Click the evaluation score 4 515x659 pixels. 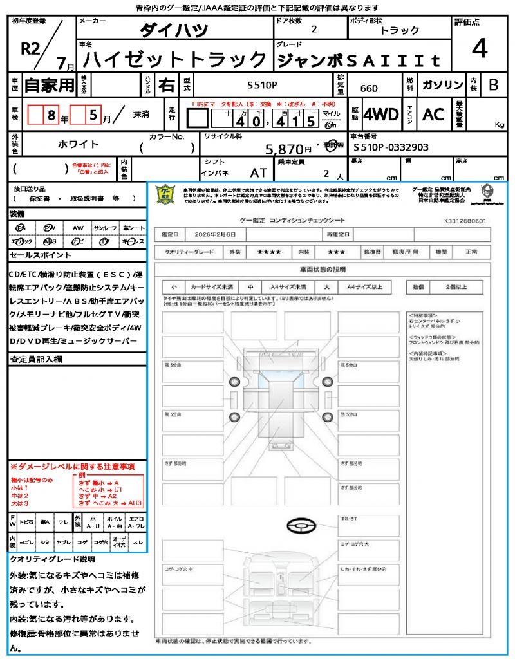pos(479,49)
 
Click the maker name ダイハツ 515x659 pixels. pos(174,30)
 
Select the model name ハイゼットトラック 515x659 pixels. pos(176,60)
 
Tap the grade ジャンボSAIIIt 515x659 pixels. pos(359,60)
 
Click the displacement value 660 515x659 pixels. pos(369,89)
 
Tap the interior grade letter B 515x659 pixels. pos(493,85)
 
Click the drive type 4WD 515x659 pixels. pos(380,115)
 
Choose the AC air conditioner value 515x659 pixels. pos(433,115)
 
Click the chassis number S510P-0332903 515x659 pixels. pos(391,147)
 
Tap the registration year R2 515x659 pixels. pos(31,49)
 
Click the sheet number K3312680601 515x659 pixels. pos(465,221)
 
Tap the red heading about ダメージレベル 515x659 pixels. pos(72,466)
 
